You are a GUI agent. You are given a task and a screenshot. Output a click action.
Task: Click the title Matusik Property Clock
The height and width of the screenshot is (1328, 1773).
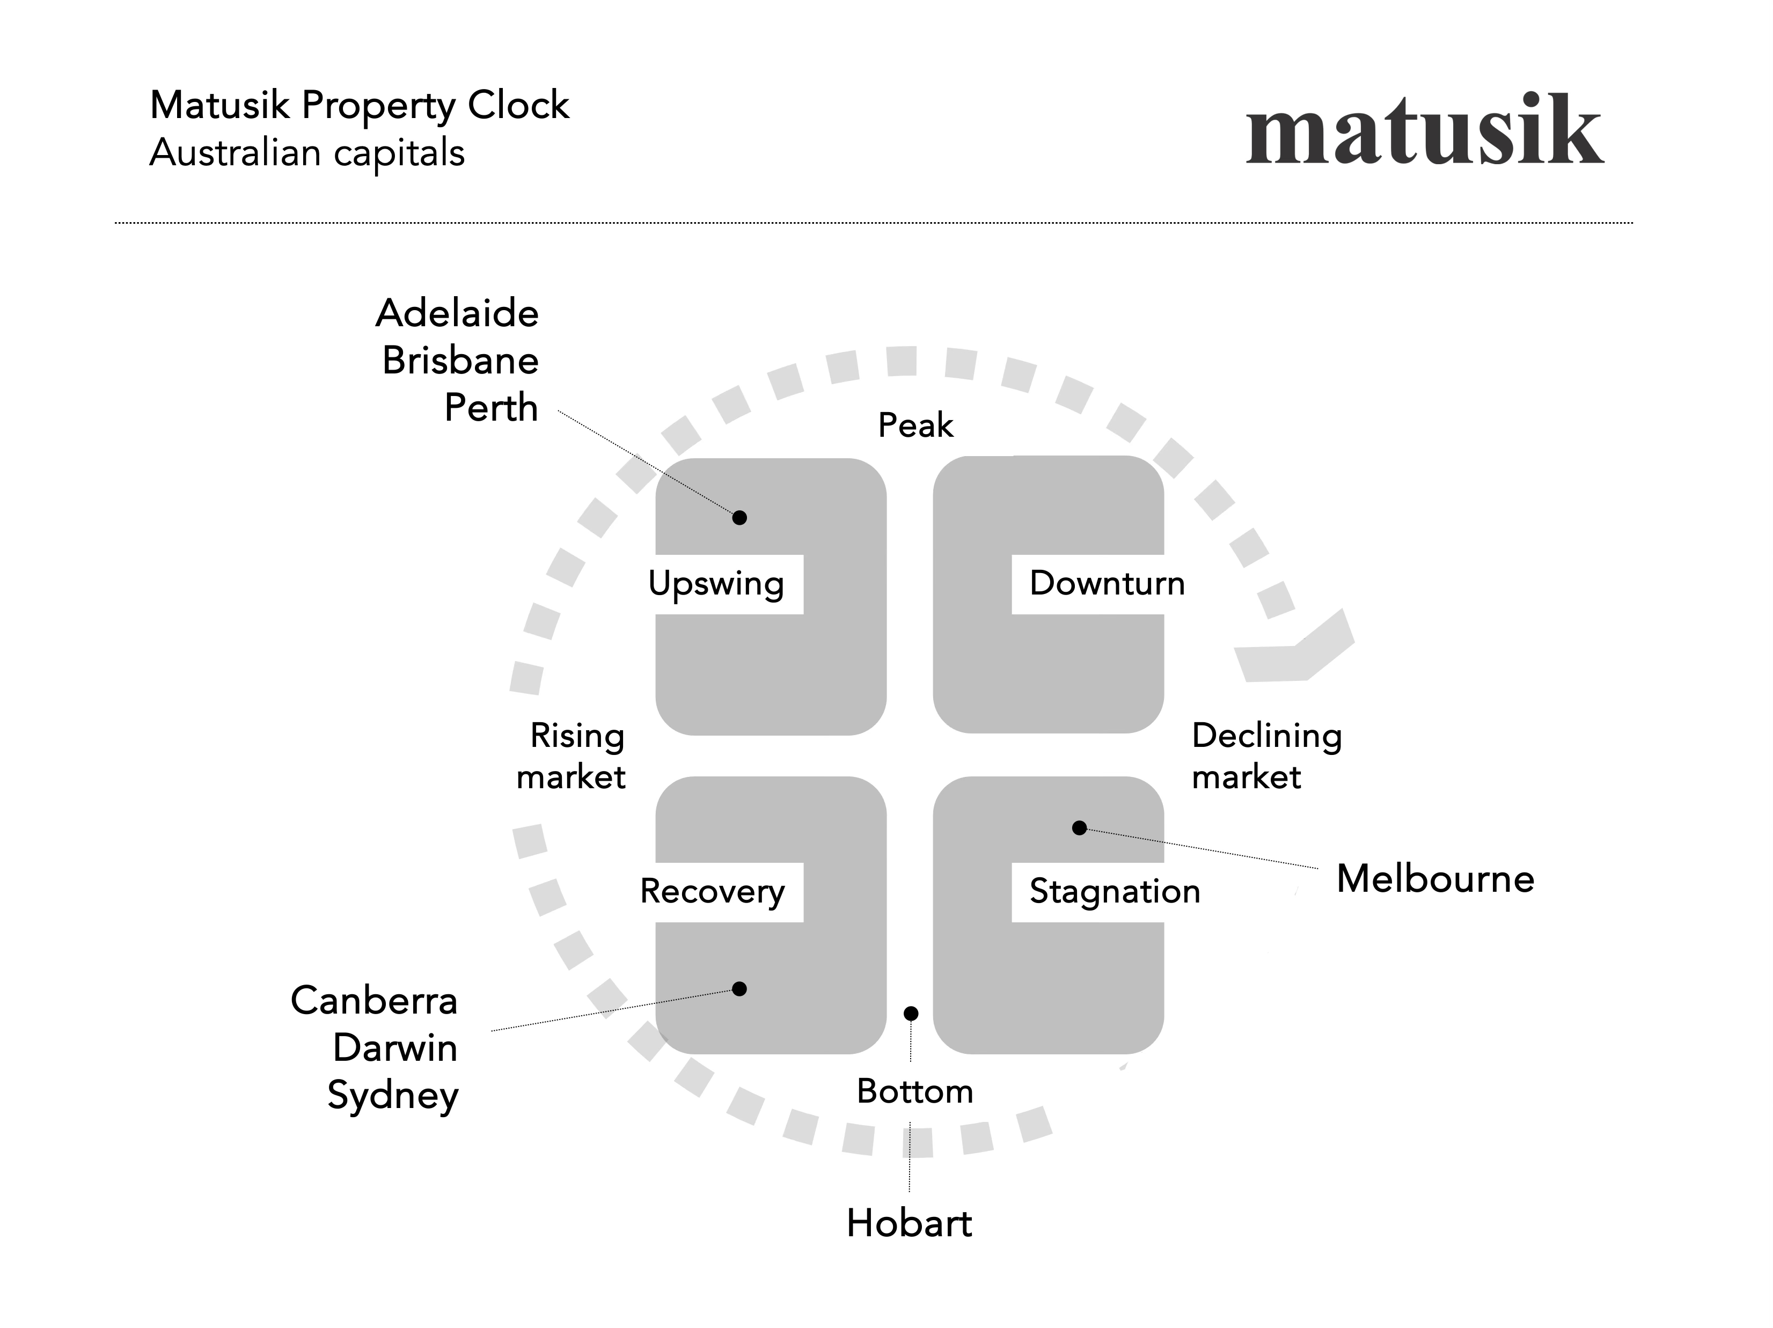(x=359, y=105)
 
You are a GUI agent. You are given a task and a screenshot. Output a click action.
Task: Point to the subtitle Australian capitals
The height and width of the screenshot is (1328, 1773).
(x=307, y=152)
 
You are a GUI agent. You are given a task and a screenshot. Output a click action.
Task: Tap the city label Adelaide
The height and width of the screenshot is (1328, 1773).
(x=457, y=313)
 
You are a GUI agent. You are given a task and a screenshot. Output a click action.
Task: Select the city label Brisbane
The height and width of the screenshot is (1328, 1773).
(x=460, y=360)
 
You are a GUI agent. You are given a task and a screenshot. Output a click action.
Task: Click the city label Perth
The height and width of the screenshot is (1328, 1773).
(x=490, y=407)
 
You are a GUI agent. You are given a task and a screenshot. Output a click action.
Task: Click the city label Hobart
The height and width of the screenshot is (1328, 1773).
(x=909, y=1223)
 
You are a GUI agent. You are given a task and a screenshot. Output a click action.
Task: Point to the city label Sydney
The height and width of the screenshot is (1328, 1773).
(x=393, y=1096)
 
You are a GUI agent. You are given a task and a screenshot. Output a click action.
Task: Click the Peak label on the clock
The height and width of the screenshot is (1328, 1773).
(x=915, y=425)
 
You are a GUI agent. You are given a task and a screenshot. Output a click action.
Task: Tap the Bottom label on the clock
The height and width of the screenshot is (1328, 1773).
(x=914, y=1091)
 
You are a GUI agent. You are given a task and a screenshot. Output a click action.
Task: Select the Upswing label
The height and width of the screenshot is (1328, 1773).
(x=716, y=583)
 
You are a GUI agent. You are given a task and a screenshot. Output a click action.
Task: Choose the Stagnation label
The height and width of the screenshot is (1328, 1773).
(x=1114, y=891)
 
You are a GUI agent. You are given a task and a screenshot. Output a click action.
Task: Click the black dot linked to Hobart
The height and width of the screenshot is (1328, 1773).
(x=911, y=1014)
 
